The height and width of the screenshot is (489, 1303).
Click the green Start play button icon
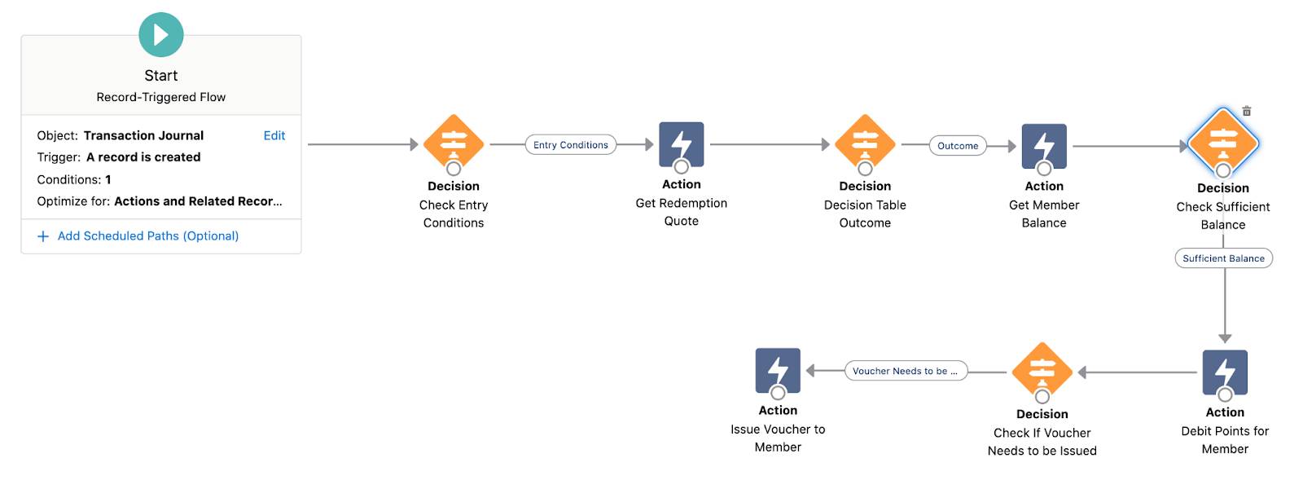(161, 34)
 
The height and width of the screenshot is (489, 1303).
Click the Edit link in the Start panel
(274, 135)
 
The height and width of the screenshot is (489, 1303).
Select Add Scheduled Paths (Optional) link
(147, 236)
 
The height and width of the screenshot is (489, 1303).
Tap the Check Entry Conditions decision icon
(454, 143)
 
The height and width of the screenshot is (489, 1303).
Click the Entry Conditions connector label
(570, 145)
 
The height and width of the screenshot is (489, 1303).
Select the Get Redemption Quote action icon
(681, 144)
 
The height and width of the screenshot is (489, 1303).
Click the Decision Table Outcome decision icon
(865, 143)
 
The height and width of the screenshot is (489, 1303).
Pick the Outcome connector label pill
(958, 146)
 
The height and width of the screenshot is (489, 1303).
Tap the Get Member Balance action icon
(1044, 146)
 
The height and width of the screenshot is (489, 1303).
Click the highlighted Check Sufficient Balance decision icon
(1223, 143)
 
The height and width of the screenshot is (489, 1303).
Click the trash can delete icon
(1247, 111)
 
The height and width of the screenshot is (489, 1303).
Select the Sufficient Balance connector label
(1223, 258)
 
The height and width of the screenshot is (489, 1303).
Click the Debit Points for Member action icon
(1225, 372)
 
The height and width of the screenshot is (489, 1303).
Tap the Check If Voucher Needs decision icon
(1042, 371)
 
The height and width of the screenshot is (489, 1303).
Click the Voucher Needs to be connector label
(906, 371)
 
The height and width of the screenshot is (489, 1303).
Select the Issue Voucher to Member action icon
(778, 370)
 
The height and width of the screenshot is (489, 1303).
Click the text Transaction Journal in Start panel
(143, 135)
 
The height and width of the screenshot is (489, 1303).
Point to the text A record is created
(143, 157)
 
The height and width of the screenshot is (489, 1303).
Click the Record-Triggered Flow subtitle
(161, 97)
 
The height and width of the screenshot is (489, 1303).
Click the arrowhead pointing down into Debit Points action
(1225, 337)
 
